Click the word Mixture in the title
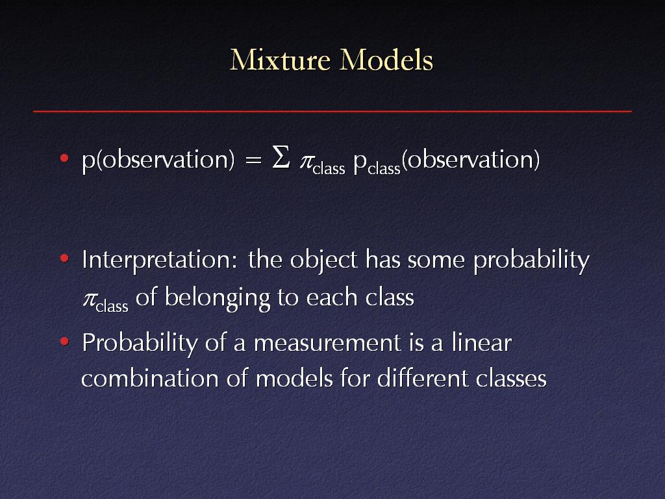tap(280, 60)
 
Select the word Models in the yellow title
tap(386, 60)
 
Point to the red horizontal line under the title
tap(332, 111)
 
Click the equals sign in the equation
tap(253, 160)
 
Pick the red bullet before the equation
tap(64, 159)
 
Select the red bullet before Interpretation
tap(64, 259)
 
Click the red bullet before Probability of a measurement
tap(64, 341)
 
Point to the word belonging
tap(217, 298)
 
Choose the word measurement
tap(327, 343)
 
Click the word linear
tap(482, 342)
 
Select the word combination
tap(150, 377)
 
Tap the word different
tap(423, 377)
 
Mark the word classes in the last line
tap(511, 377)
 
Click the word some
tap(436, 260)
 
